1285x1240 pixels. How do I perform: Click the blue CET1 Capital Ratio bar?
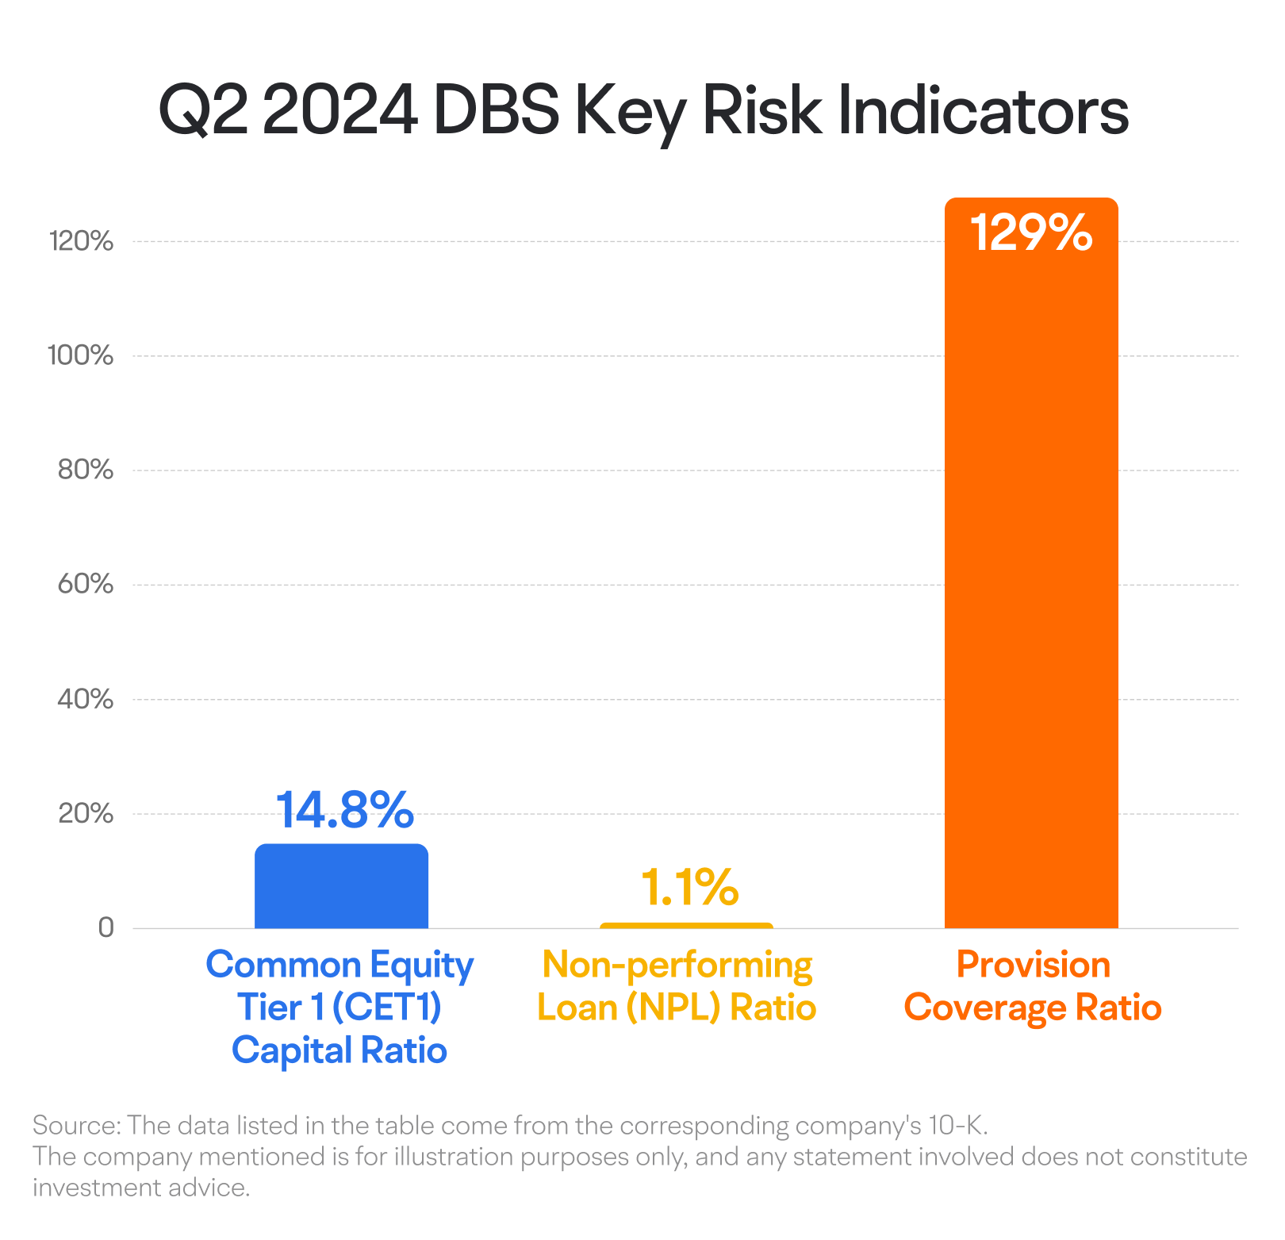341,886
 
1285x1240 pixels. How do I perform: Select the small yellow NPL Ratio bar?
686,925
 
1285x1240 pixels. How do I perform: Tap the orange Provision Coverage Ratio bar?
1031,571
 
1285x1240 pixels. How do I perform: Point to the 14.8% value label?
344,810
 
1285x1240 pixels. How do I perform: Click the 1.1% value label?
689,887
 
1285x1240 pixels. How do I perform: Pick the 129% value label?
1031,233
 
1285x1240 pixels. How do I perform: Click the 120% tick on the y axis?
81,241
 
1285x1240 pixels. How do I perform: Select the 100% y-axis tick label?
81,355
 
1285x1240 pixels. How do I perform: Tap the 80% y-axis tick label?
86,470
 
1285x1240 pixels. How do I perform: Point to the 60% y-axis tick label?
86,585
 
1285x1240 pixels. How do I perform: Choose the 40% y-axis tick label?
86,699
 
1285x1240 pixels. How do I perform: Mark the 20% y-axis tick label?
86,813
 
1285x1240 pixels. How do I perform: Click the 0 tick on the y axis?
105,927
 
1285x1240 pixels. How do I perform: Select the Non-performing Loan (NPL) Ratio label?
677,986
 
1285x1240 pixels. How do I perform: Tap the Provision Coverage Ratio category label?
1033,986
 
